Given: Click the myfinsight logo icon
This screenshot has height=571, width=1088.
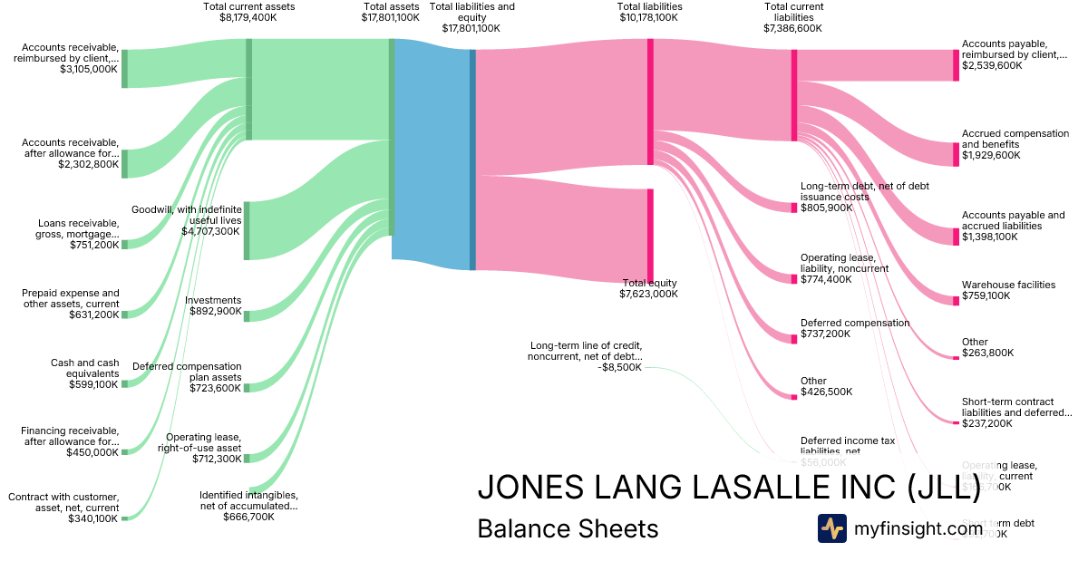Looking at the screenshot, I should (832, 528).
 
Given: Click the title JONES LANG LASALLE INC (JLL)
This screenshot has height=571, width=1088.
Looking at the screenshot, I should (728, 487).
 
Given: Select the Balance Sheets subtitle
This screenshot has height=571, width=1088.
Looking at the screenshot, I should (568, 528).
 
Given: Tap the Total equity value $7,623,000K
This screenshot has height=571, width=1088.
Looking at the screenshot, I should (648, 295).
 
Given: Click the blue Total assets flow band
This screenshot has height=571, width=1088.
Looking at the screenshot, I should (432, 150).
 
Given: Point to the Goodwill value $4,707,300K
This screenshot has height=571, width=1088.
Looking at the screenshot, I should (211, 231).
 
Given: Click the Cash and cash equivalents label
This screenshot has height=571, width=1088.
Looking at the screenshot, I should (85, 368).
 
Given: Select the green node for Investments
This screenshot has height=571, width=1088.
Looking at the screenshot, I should (247, 315).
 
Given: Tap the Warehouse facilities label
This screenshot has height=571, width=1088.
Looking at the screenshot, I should (1008, 285).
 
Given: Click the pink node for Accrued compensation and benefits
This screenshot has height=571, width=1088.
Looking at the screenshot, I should (956, 155).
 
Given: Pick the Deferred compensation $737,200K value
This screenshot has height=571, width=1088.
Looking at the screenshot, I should (826, 334).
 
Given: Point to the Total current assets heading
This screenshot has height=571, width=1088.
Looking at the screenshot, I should (249, 6).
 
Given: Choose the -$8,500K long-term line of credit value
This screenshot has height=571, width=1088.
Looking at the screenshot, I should (620, 368).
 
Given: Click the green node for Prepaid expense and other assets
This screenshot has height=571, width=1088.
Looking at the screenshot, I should (125, 315).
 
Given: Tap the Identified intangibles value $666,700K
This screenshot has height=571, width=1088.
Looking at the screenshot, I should (248, 518).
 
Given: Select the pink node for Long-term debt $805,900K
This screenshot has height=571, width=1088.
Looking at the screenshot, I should (793, 208).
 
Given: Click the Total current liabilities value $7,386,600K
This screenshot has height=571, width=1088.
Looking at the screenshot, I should (792, 28).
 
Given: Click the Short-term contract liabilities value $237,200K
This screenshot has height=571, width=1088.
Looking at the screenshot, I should (987, 423).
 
